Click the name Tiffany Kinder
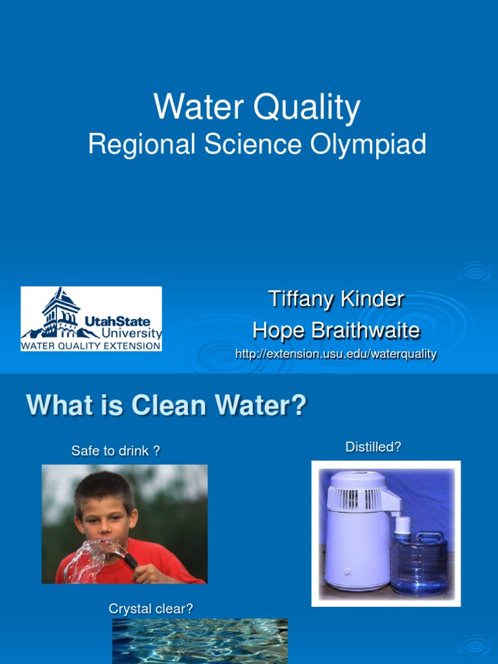(x=336, y=300)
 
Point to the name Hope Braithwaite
(x=336, y=331)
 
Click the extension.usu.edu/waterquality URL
(x=336, y=354)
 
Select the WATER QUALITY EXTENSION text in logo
(x=91, y=346)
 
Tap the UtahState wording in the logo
(x=117, y=322)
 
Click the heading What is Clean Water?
(x=166, y=407)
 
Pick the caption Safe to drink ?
(x=115, y=451)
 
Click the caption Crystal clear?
(x=150, y=609)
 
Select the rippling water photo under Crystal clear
(x=200, y=640)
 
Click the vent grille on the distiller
(x=354, y=499)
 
